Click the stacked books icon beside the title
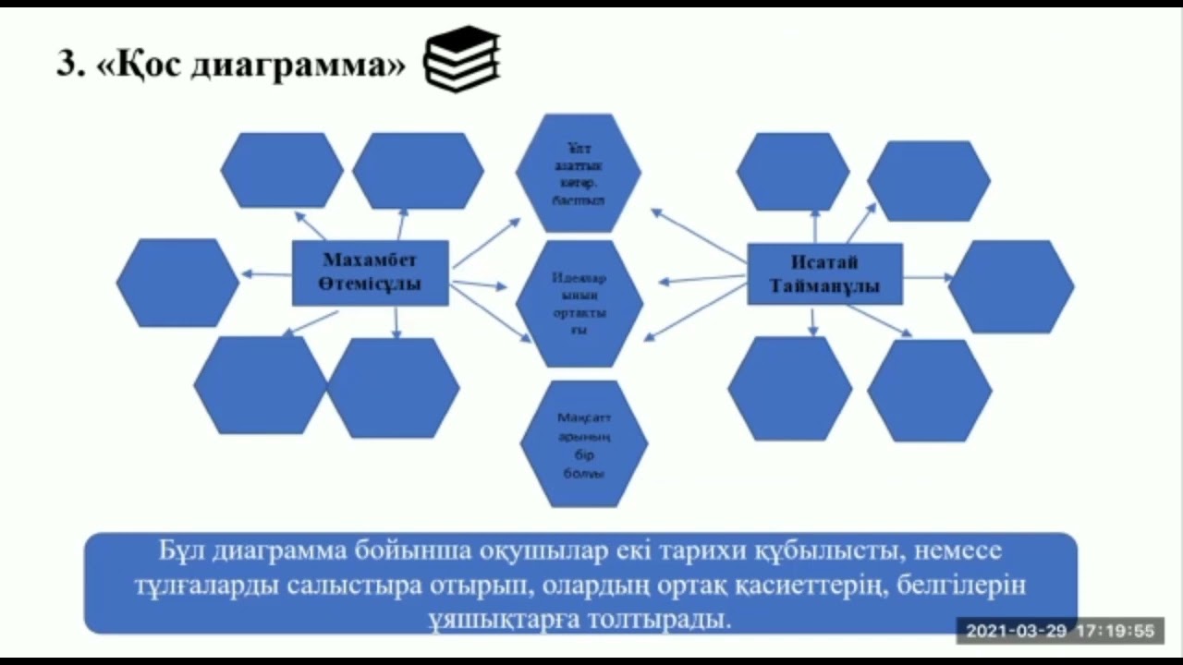click(x=461, y=58)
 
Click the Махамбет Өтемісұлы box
click(x=371, y=272)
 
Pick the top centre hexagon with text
click(x=579, y=173)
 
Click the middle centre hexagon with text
click(x=579, y=304)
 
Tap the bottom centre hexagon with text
click(x=584, y=444)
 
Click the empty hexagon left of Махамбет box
click(x=177, y=282)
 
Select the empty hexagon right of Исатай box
click(x=1011, y=286)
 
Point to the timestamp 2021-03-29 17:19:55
click(x=1059, y=632)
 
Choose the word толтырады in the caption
click(x=673, y=618)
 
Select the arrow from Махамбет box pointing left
click(x=266, y=273)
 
